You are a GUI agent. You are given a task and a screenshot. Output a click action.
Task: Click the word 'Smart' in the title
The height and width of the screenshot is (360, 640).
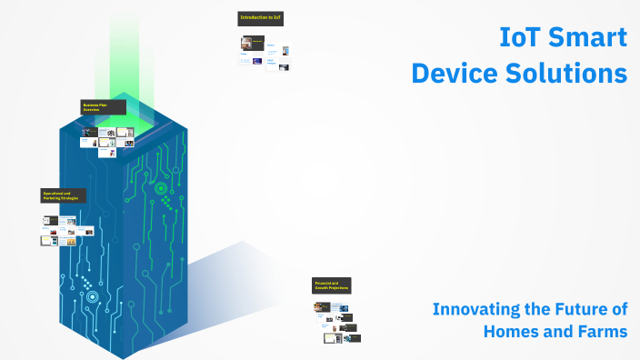(591, 37)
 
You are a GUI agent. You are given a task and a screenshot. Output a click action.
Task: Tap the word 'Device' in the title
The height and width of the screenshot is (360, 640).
(455, 73)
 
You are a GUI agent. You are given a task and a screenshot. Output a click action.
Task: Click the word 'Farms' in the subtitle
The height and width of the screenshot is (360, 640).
(600, 331)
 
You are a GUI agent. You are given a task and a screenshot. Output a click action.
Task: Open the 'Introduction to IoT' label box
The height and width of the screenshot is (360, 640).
(262, 18)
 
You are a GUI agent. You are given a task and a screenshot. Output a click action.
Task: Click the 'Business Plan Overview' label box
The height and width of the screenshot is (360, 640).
(103, 107)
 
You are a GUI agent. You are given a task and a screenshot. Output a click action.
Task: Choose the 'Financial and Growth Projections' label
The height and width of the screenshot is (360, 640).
(332, 286)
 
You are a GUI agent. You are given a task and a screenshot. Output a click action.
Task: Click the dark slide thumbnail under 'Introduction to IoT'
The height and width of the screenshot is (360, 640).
(252, 43)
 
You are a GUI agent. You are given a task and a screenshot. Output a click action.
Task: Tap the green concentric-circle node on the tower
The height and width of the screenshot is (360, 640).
(161, 189)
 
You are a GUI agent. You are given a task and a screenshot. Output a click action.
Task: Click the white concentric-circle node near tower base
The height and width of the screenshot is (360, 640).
(90, 295)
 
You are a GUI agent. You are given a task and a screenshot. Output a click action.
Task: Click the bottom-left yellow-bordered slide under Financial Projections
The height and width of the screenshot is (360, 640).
(329, 338)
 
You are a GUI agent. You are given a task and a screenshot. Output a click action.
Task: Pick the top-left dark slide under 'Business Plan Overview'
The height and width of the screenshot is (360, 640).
(89, 132)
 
